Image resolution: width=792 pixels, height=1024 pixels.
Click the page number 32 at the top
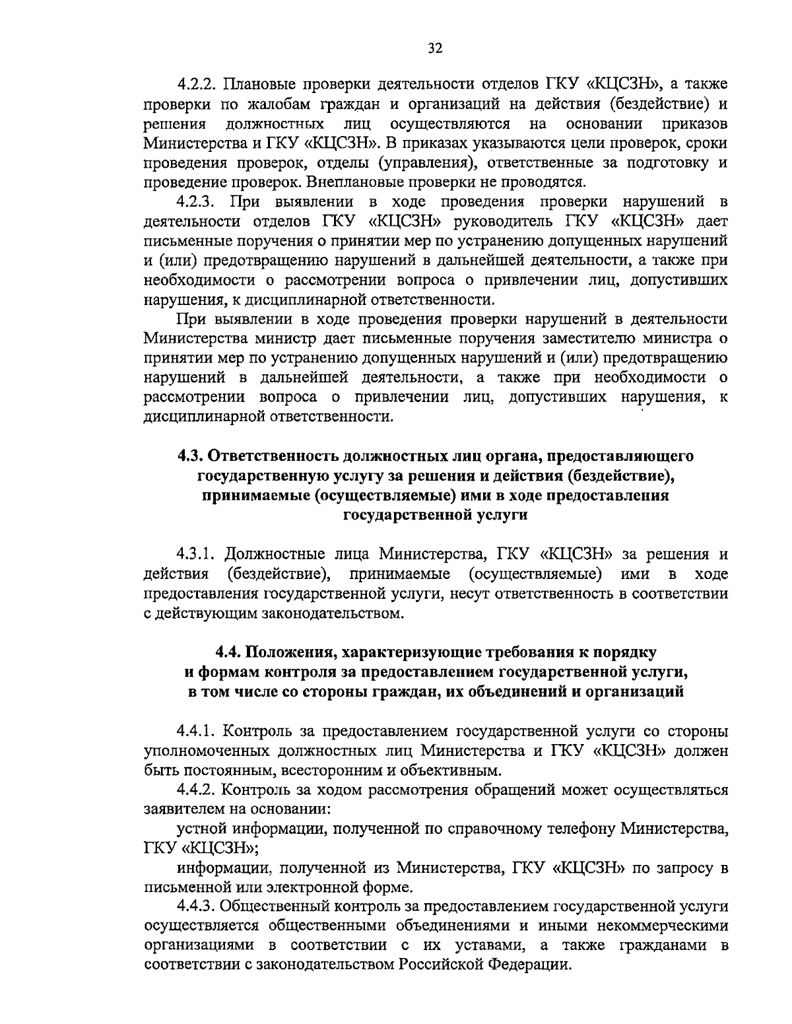pos(435,48)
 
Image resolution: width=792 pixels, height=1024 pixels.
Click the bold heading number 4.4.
pos(230,652)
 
